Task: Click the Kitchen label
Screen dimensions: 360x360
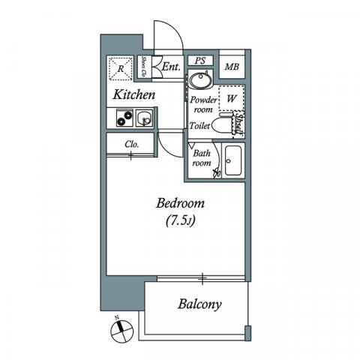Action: pyautogui.click(x=134, y=95)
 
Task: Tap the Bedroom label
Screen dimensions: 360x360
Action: pyautogui.click(x=180, y=203)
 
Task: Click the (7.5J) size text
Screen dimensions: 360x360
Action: pyautogui.click(x=180, y=221)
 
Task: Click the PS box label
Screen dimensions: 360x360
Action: pyautogui.click(x=199, y=61)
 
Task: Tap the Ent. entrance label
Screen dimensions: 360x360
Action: pyautogui.click(x=170, y=67)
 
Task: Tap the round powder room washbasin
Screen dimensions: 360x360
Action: pyautogui.click(x=199, y=80)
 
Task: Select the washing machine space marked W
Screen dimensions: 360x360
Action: pyautogui.click(x=231, y=98)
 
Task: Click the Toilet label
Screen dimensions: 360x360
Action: pyautogui.click(x=199, y=127)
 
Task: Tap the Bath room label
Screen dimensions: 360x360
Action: pyautogui.click(x=201, y=158)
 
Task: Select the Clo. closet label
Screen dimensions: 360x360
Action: pyautogui.click(x=131, y=143)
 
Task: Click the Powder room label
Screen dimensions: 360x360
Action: pyautogui.click(x=202, y=104)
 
